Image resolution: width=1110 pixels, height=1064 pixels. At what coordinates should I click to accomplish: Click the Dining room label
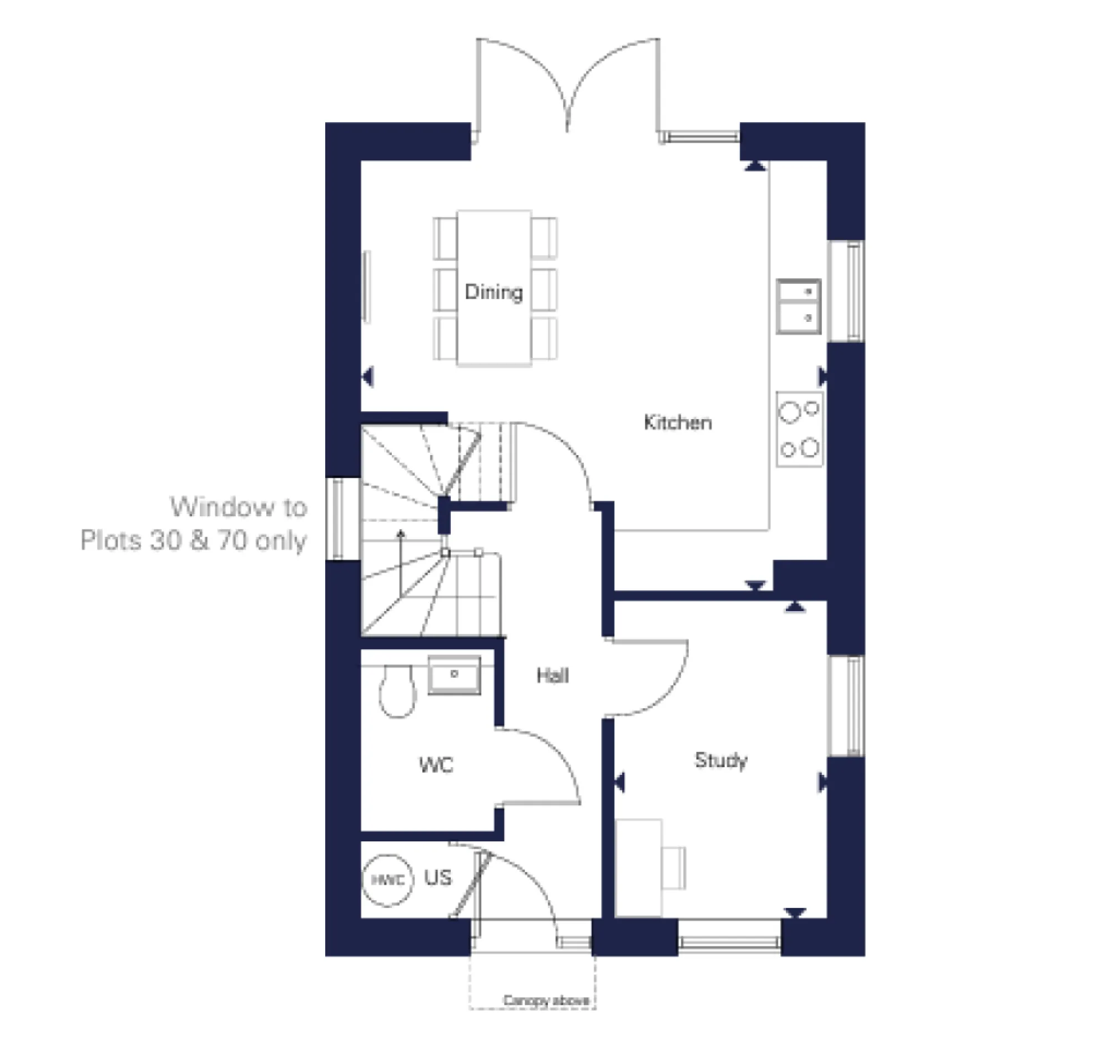(x=493, y=292)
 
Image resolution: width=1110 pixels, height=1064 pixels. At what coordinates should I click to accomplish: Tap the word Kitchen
(x=677, y=422)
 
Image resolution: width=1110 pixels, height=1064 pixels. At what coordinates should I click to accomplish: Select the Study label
(x=720, y=760)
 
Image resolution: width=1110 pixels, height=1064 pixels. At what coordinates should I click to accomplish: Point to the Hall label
(x=552, y=675)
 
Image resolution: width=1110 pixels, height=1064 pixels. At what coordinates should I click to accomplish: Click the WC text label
(x=436, y=765)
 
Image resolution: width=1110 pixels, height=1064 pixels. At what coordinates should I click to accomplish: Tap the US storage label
(x=438, y=878)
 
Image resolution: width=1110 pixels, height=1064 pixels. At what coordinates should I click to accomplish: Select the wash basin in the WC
(x=454, y=674)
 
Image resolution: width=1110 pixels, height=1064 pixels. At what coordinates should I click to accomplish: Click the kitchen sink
(x=799, y=306)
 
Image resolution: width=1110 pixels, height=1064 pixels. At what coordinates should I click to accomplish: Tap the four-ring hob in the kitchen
(x=799, y=429)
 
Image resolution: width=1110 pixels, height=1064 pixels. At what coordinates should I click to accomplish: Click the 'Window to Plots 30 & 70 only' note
(x=194, y=524)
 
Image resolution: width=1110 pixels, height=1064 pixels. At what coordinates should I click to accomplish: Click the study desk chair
(x=674, y=868)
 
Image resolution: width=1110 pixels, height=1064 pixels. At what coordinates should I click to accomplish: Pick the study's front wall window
(x=729, y=942)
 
